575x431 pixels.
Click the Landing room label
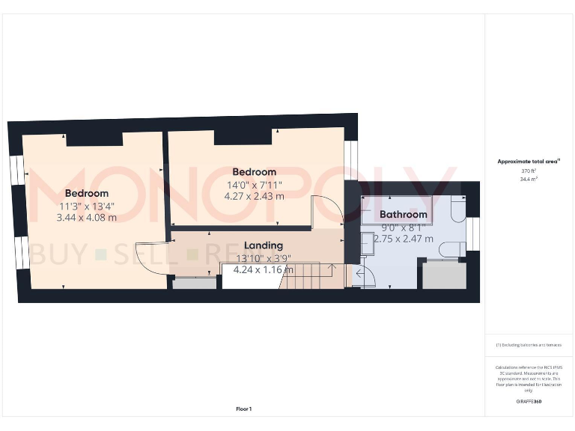coord(264,245)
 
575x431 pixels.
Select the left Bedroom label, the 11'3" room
coord(87,193)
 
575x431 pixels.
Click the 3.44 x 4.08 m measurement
coord(87,218)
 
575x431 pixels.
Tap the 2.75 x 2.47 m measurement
coord(404,238)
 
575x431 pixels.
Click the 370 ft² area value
coord(529,171)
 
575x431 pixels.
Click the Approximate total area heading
coord(529,161)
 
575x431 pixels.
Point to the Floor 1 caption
coord(244,409)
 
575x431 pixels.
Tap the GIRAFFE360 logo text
coord(529,402)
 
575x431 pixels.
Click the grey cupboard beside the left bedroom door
coord(192,283)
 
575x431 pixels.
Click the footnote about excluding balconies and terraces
coord(529,345)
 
